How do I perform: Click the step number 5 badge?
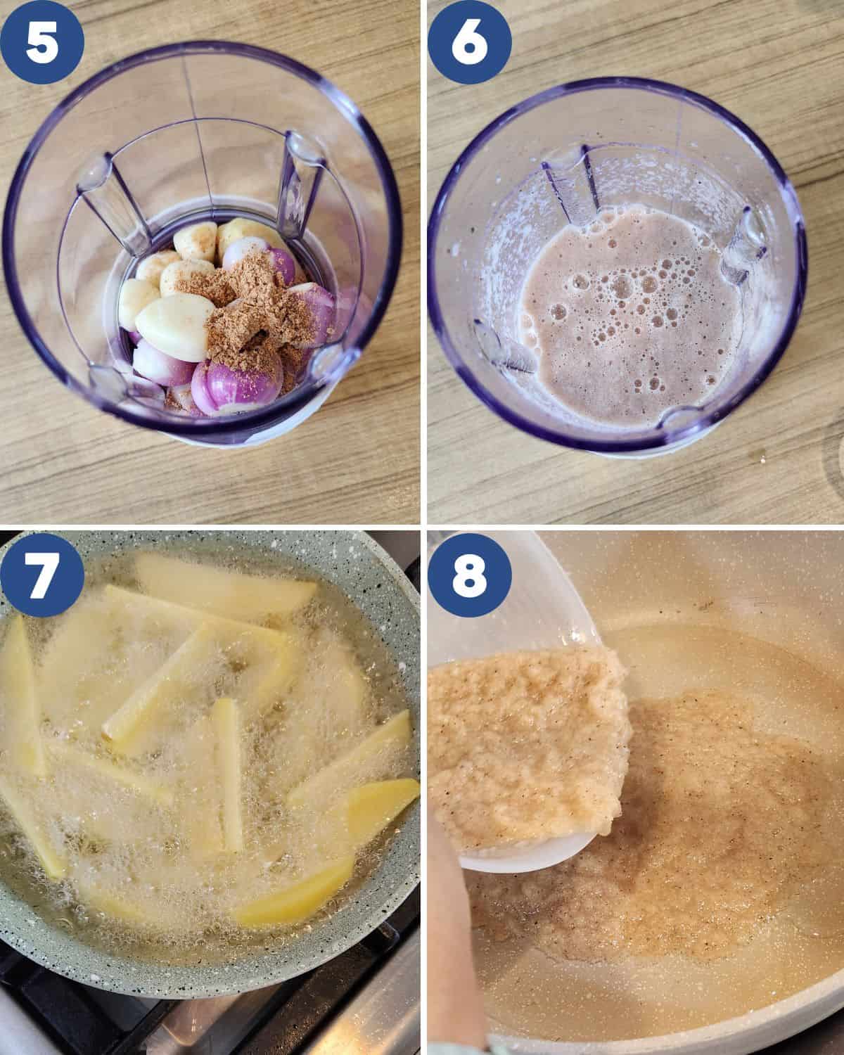click(41, 41)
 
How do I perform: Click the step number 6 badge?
click(469, 41)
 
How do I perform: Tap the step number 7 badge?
click(41, 574)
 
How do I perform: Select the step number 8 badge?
click(469, 574)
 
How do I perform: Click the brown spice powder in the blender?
click(245, 314)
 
